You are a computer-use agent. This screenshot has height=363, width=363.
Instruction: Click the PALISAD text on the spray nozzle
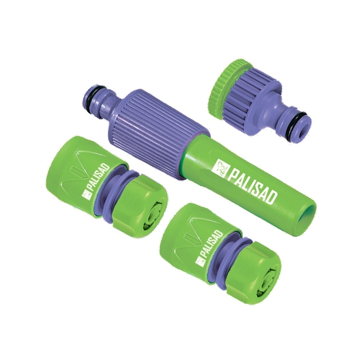[253, 186]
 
